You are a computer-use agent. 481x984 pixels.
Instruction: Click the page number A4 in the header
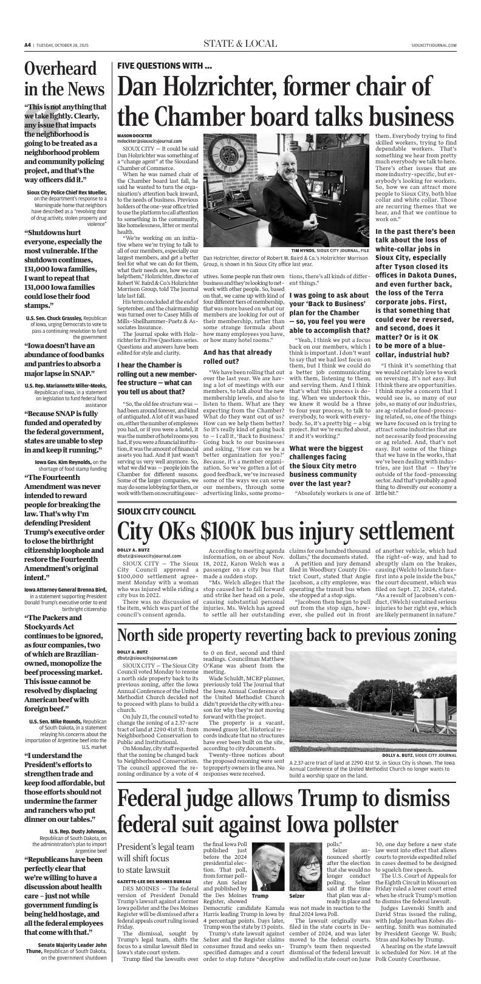click(x=27, y=45)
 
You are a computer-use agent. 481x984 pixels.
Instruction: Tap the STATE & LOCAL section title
click(x=240, y=44)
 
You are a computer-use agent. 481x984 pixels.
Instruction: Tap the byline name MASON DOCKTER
click(x=134, y=135)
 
